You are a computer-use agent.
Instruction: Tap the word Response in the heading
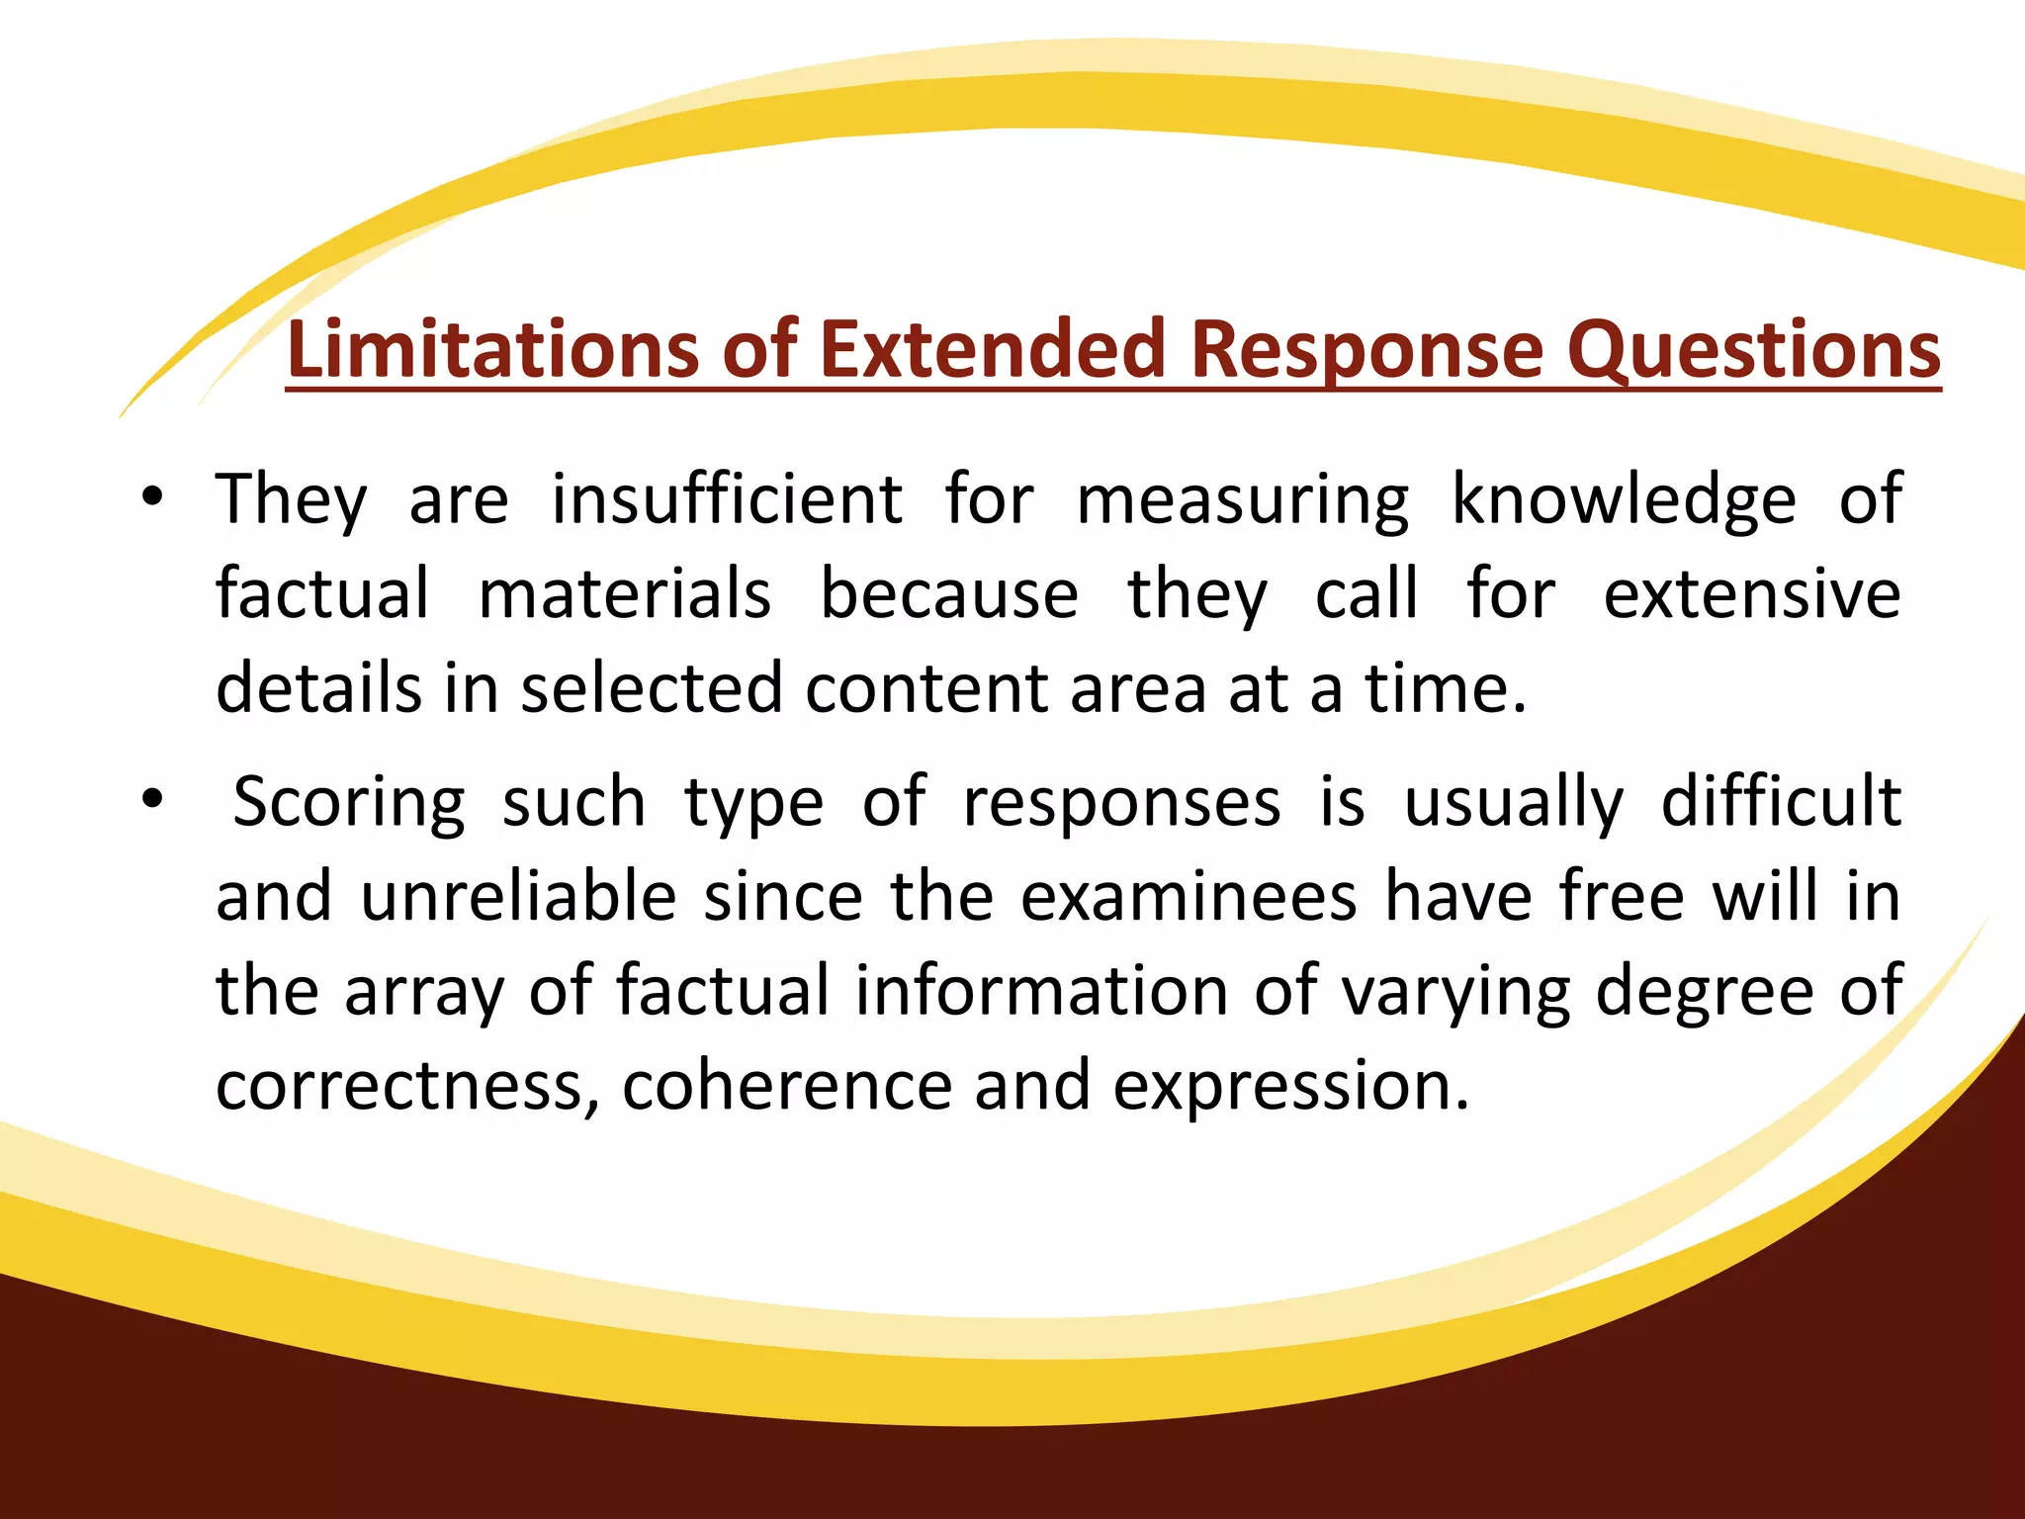point(1365,351)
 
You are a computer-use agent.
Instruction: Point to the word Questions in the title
point(1754,351)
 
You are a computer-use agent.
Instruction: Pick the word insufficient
point(727,499)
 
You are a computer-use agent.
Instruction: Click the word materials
point(625,593)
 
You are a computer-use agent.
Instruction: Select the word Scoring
point(349,802)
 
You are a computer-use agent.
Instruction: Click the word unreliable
point(518,896)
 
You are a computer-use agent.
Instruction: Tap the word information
point(1041,990)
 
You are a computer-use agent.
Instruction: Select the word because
point(949,593)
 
